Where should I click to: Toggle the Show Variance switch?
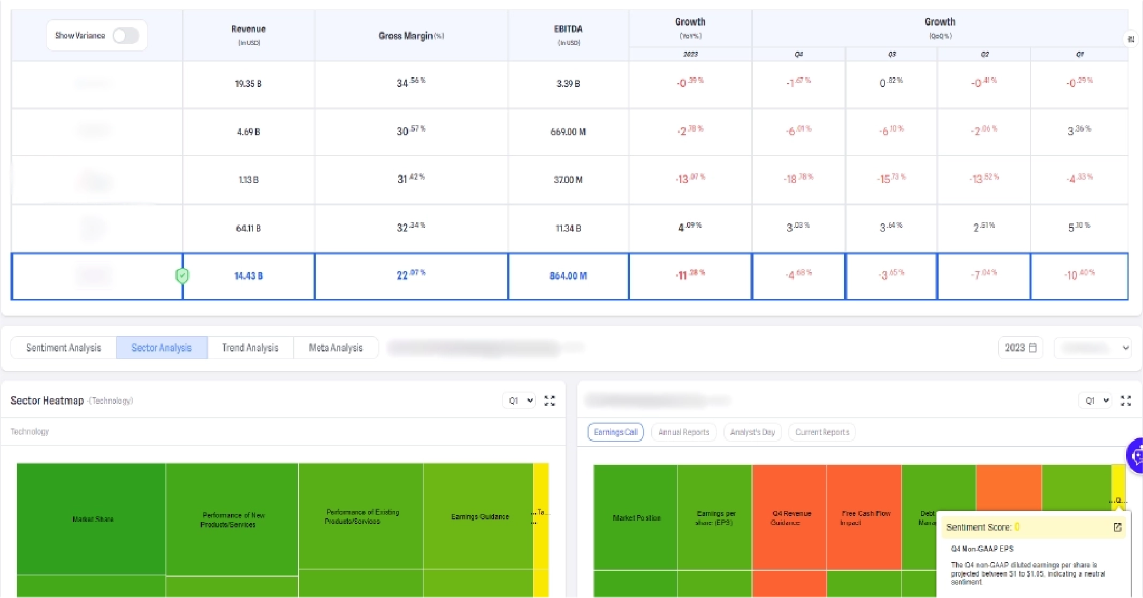point(126,36)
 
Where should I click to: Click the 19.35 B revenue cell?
point(248,84)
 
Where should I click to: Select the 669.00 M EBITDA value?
point(568,132)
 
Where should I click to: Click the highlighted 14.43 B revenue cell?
point(248,276)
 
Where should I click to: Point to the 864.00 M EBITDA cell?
point(568,276)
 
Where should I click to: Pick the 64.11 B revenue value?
point(248,228)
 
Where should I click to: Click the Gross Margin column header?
point(411,36)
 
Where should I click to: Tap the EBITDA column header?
point(568,29)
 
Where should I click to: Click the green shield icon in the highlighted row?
point(182,276)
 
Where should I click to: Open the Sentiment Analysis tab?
point(64,348)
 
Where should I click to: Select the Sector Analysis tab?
point(161,348)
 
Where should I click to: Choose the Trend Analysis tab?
point(250,348)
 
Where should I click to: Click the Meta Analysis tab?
point(336,348)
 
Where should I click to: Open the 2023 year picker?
point(1020,348)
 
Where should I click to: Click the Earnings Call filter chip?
point(615,432)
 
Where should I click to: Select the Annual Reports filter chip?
point(683,432)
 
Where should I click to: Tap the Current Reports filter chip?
point(822,432)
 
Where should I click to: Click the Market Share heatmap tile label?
point(93,519)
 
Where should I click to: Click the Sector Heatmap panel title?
point(48,401)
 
